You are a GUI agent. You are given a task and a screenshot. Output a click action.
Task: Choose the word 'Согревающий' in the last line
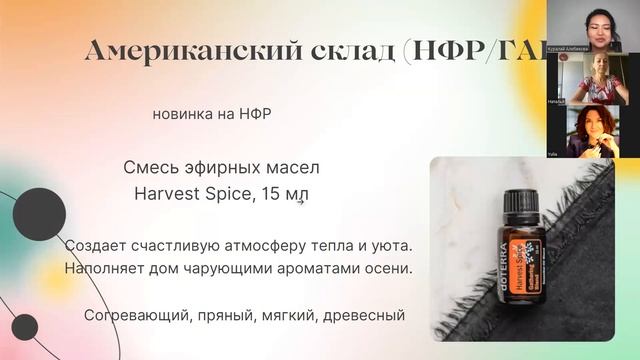click(129, 316)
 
